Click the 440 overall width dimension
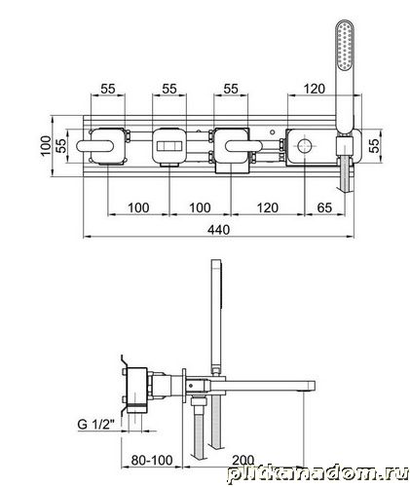click(x=218, y=230)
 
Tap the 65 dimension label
click(x=324, y=207)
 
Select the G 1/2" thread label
click(x=96, y=424)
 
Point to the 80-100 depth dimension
click(x=152, y=460)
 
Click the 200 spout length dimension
click(x=242, y=460)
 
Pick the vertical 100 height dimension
click(x=47, y=146)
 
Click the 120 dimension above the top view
click(x=315, y=89)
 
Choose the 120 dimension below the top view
click(x=268, y=207)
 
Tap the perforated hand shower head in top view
click(x=344, y=46)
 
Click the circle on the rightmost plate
click(x=305, y=146)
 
